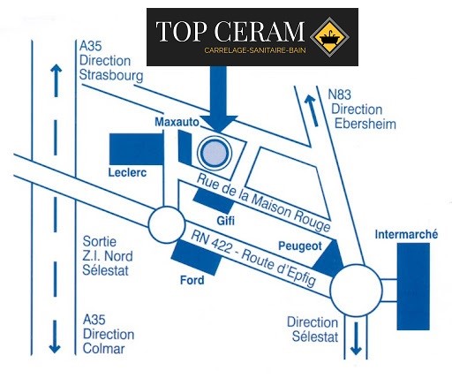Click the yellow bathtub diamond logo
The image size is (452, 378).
coord(329,37)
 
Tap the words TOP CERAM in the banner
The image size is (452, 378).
coord(230,31)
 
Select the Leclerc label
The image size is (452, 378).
coord(127,172)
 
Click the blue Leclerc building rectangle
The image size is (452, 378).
coord(136,149)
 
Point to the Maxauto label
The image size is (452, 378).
coord(177,122)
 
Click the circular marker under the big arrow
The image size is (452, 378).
coord(215,153)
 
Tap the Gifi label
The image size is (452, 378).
coord(226,221)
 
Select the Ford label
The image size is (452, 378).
coord(192,280)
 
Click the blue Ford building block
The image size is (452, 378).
coord(197,257)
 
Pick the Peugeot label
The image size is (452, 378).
coord(300,246)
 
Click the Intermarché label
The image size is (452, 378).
coord(406,235)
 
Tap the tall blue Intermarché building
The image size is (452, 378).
coord(413,286)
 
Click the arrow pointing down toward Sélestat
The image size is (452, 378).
coord(356,338)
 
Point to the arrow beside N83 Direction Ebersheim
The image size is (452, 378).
coord(312,110)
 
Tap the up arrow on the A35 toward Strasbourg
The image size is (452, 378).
coord(56,80)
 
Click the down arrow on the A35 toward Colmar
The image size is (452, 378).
coord(55,336)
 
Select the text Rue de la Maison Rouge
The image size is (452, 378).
coord(264,203)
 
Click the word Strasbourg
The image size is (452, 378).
coord(111,76)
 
